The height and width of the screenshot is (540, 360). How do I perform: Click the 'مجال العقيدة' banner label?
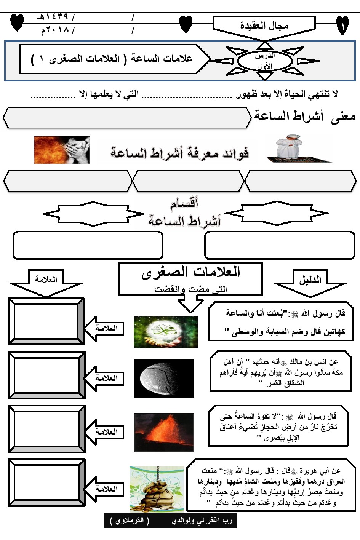pos(264,26)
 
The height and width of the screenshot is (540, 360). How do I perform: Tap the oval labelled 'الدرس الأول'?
pos(265,61)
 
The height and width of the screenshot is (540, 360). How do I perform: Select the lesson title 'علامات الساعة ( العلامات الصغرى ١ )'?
pos(112,59)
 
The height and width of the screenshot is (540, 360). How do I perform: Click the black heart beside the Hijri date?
pos(17,23)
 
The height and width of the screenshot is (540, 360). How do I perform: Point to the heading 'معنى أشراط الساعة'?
pos(305,116)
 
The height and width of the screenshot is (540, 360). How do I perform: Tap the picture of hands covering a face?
pos(62,150)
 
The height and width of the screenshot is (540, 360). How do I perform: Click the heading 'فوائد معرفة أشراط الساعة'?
pos(179,153)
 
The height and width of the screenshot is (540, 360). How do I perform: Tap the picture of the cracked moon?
pos(164,378)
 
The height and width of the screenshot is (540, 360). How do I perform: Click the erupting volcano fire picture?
pos(164,432)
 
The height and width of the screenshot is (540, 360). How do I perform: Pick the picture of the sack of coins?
pos(157,489)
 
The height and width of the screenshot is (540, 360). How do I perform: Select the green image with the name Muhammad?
pos(165,332)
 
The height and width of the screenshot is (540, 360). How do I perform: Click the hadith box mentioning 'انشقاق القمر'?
pos(281,372)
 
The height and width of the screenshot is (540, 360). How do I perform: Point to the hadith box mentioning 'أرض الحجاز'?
pos(278,426)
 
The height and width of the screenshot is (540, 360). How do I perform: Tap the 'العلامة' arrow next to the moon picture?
pos(105,378)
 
